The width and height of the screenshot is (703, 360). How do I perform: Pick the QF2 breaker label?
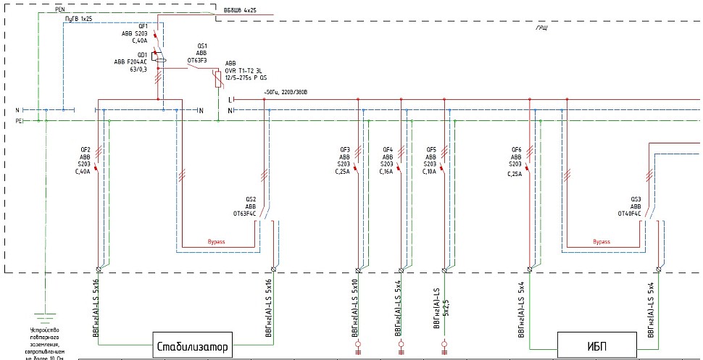(x=86, y=150)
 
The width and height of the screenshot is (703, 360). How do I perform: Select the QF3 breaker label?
(x=345, y=150)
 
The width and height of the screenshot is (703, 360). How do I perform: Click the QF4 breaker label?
(x=388, y=150)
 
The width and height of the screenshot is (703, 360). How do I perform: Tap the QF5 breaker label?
(x=431, y=150)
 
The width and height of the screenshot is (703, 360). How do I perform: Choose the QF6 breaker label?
(x=516, y=150)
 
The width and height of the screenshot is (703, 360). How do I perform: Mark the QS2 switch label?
(x=251, y=199)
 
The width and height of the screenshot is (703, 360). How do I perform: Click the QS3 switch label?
(x=635, y=199)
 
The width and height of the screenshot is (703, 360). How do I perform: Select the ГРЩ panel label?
(x=541, y=27)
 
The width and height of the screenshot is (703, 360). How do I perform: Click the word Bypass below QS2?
(x=217, y=242)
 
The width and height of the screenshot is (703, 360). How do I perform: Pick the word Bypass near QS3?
(x=602, y=242)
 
